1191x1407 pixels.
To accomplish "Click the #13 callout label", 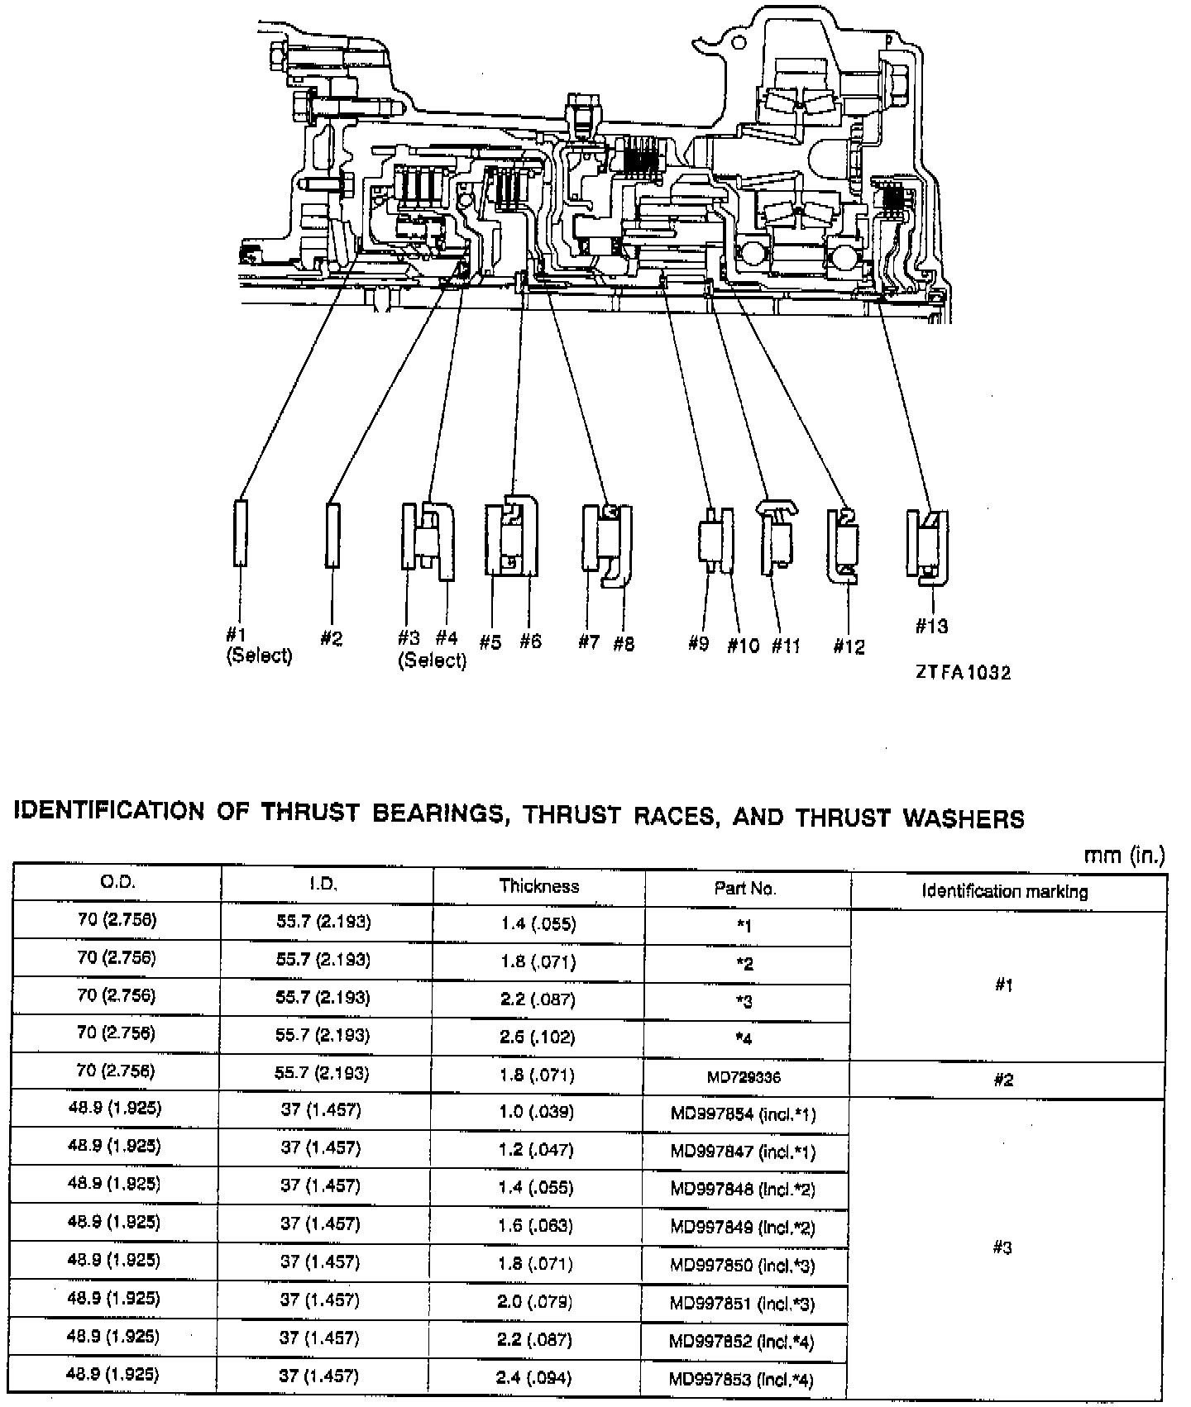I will [931, 627].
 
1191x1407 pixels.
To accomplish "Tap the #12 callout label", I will [849, 646].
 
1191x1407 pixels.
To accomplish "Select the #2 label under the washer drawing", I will [331, 638].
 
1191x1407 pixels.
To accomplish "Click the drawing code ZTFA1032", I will [963, 673].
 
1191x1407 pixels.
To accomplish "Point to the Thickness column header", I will [538, 886].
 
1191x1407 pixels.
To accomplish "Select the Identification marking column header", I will [1005, 891].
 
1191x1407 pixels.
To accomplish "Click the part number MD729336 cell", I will [744, 1077].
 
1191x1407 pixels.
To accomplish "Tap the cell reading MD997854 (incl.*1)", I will [743, 1114].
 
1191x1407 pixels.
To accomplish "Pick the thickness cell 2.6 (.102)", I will [538, 1037].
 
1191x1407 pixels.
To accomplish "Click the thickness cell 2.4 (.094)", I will [536, 1378].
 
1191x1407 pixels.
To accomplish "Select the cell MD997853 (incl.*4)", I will [742, 1379].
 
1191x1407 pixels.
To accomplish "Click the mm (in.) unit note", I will [1124, 856].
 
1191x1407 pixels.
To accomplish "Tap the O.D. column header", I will [117, 882].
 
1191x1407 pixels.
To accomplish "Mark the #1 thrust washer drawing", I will [240, 532].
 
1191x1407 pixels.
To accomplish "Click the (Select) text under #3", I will [432, 661].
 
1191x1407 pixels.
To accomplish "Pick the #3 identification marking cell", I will [1002, 1248].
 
